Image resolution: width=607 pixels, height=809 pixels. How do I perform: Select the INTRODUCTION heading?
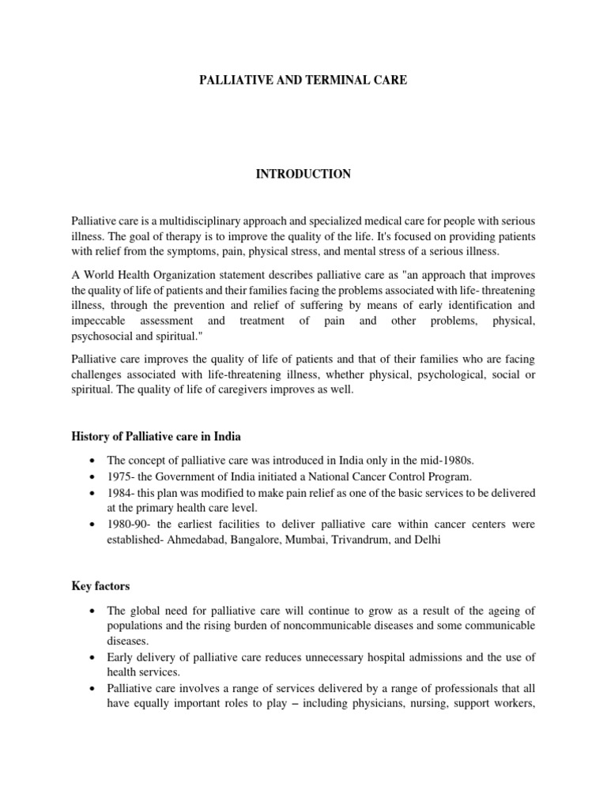pyautogui.click(x=303, y=174)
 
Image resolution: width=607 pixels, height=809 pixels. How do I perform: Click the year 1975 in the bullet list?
pyautogui.click(x=119, y=476)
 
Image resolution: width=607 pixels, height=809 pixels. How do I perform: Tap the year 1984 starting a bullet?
pyautogui.click(x=119, y=492)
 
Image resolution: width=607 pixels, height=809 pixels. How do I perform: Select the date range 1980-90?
pyautogui.click(x=126, y=524)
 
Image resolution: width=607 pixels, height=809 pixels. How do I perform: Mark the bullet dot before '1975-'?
pyautogui.click(x=94, y=476)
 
